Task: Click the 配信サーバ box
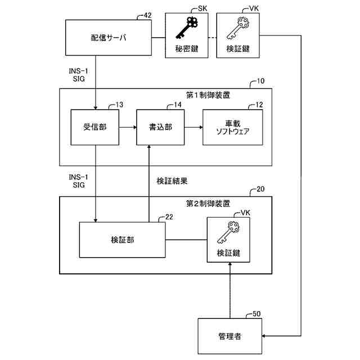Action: click(x=109, y=38)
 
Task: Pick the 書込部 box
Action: click(x=160, y=127)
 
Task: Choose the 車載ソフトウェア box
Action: click(x=232, y=128)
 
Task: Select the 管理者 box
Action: click(x=229, y=336)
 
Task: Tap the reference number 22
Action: click(x=169, y=217)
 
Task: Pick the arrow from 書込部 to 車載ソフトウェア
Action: click(x=193, y=128)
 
